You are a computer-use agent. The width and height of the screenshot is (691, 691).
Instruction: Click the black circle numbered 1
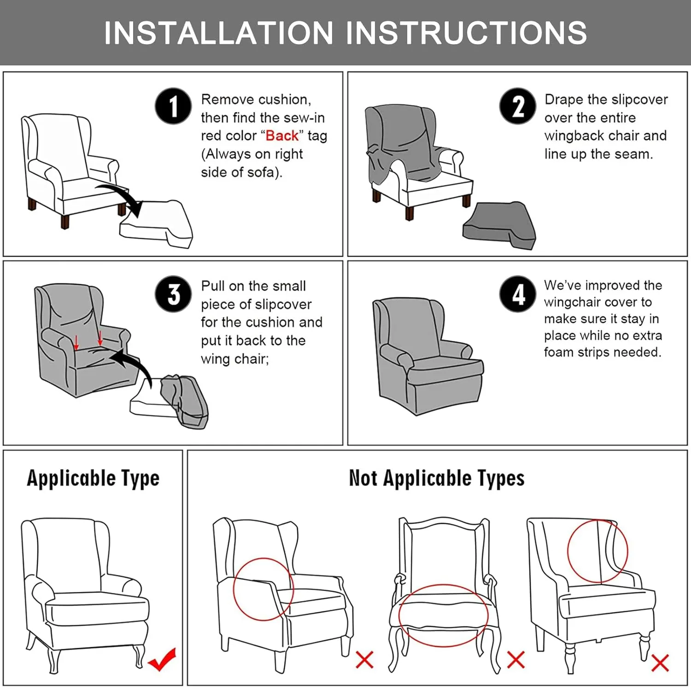click(x=173, y=106)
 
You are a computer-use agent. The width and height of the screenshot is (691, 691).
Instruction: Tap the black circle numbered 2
click(x=518, y=106)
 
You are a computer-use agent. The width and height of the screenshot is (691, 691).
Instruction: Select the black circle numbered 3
click(x=173, y=294)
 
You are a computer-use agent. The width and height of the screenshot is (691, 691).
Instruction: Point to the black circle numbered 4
click(x=518, y=294)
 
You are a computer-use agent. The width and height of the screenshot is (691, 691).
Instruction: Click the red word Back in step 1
click(x=282, y=136)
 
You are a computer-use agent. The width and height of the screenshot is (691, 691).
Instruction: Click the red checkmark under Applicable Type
click(x=162, y=660)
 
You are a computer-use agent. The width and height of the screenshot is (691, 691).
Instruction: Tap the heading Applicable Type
click(x=93, y=478)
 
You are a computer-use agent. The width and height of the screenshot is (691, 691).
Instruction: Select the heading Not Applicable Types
click(x=436, y=478)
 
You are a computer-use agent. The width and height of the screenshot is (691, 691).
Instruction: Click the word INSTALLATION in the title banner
click(x=218, y=33)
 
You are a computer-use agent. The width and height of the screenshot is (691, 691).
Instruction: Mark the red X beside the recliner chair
click(x=364, y=660)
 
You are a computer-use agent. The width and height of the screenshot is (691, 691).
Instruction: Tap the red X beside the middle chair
click(x=515, y=660)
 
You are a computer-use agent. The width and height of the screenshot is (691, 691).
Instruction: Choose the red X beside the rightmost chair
click(x=660, y=663)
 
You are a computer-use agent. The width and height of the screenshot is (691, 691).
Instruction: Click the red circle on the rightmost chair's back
click(x=597, y=551)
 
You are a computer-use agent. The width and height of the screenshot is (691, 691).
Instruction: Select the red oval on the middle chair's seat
click(x=443, y=615)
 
